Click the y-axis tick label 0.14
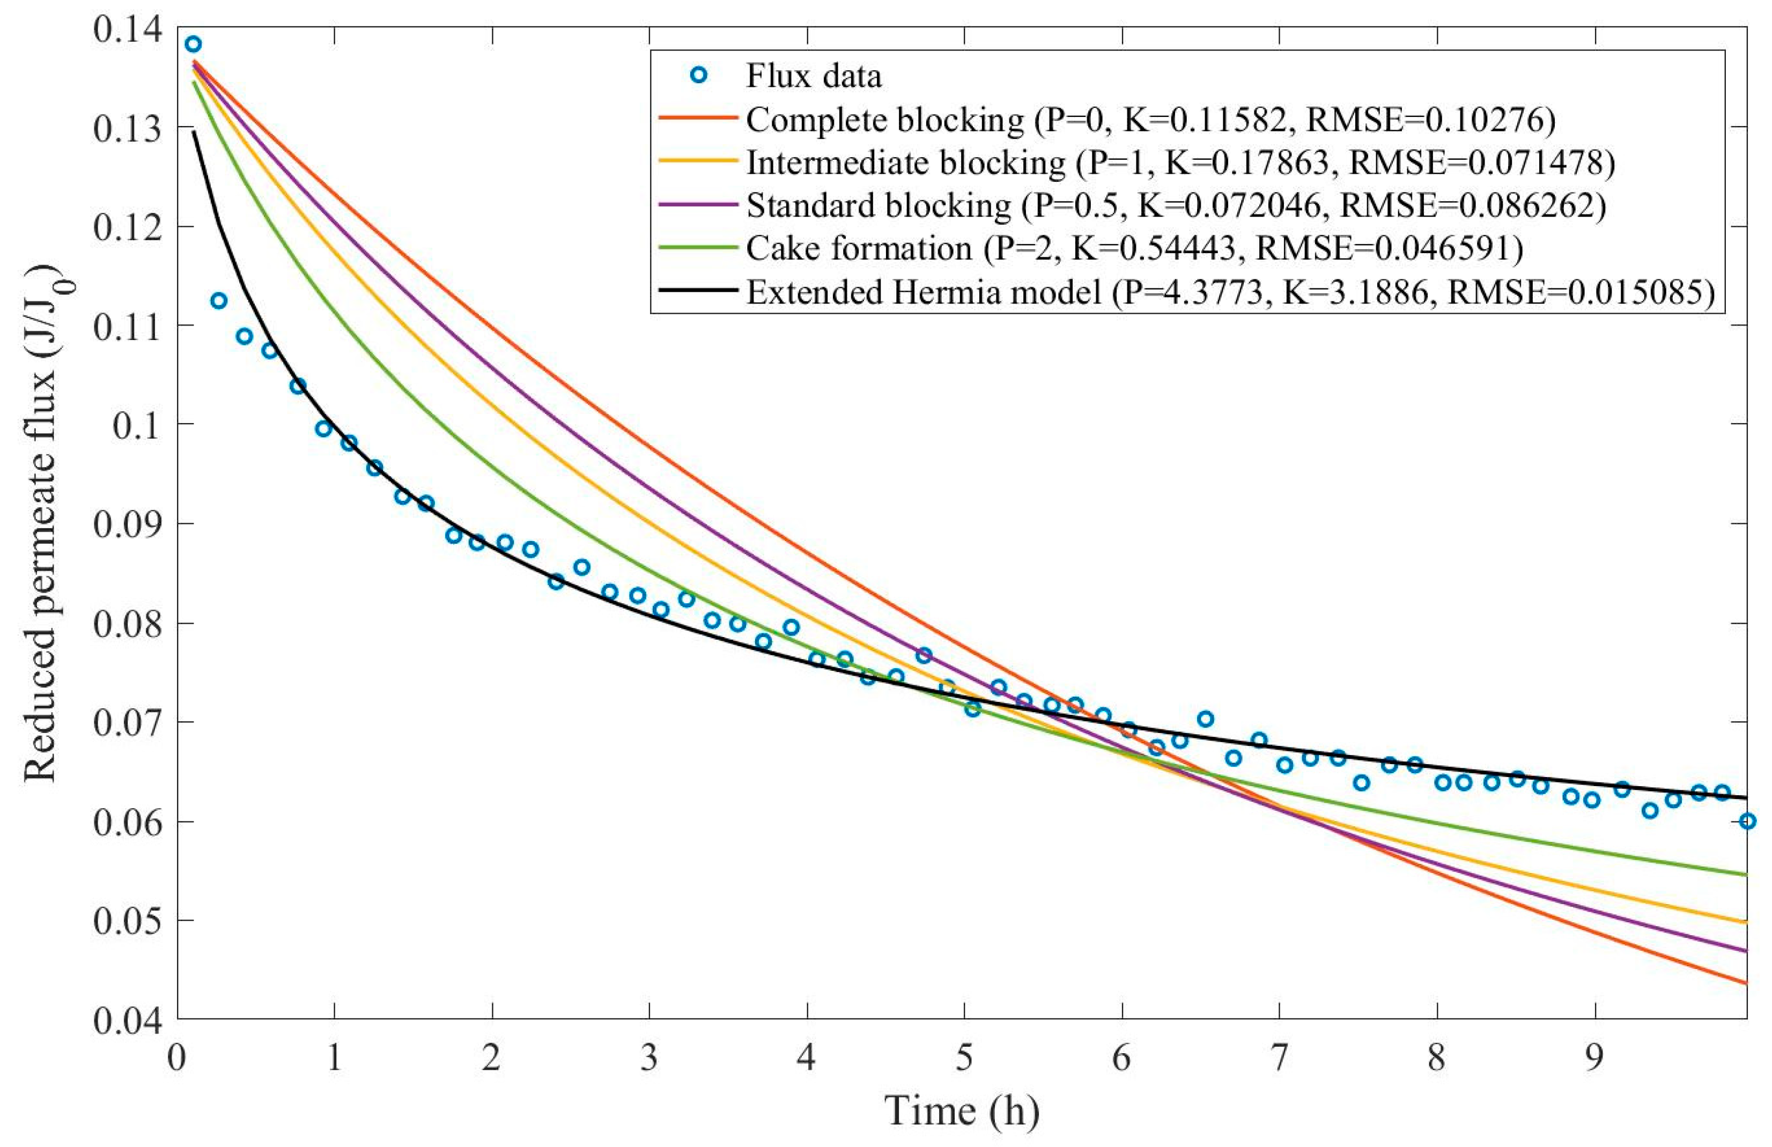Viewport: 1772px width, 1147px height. click(x=127, y=31)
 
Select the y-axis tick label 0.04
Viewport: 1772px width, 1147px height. click(x=127, y=1020)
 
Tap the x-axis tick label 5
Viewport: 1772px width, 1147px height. click(x=964, y=1059)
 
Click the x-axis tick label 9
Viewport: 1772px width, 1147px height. click(x=1594, y=1059)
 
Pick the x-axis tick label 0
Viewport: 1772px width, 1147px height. click(x=176, y=1059)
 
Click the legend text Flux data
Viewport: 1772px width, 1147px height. click(x=814, y=77)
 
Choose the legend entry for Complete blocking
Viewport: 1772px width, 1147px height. click(x=884, y=120)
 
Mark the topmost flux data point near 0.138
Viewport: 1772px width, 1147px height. click(x=194, y=44)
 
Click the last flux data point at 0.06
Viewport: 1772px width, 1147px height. click(x=1747, y=821)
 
